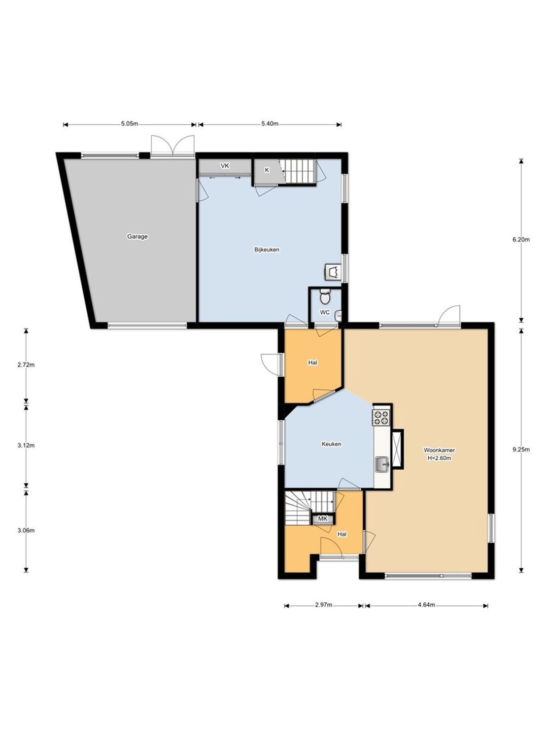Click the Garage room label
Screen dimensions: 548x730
pos(137,237)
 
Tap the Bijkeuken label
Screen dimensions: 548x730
pos(267,249)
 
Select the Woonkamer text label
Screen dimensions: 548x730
pos(439,450)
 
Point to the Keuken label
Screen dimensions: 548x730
pos(331,444)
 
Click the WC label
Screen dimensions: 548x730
pos(325,312)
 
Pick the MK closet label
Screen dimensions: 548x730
pos(323,519)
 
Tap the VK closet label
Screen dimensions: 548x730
pos(225,166)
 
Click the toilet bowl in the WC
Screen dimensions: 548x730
pos(325,296)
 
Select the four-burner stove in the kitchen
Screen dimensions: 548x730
pos(381,418)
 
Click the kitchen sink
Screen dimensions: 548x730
pos(383,464)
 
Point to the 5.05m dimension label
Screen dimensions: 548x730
pos(129,124)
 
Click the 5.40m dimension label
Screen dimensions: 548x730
pos(270,124)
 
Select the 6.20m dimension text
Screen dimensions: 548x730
pos(521,239)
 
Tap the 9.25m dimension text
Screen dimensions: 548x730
pos(521,450)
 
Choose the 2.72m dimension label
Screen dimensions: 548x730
pos(26,365)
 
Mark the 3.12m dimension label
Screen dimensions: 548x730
pos(26,445)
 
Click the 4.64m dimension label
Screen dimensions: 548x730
pos(427,605)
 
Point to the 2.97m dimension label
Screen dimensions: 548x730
pos(323,605)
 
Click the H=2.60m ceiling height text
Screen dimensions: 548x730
pos(439,458)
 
